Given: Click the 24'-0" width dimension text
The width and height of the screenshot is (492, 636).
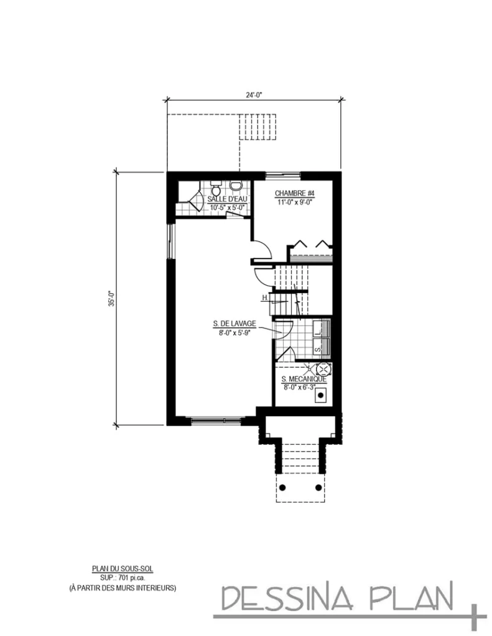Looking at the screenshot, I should (254, 95).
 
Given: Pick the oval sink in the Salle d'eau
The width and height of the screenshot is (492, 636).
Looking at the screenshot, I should (235, 186).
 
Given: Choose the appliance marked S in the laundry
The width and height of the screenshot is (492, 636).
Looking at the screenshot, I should (318, 349).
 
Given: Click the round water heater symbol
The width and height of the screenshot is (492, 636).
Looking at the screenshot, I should (324, 368).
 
